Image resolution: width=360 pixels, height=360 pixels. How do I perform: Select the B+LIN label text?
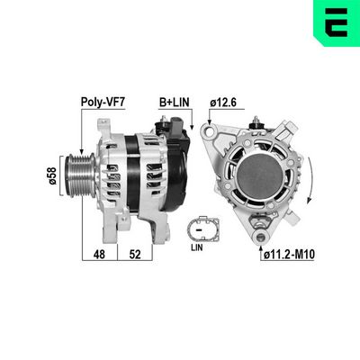pos(176,102)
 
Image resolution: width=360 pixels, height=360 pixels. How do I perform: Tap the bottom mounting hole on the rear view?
pos(259,235)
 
